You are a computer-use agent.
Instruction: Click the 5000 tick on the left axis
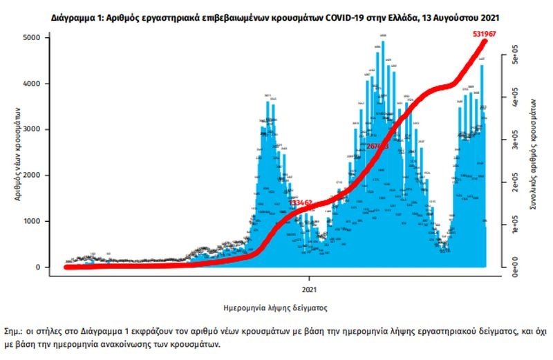coord(43,37)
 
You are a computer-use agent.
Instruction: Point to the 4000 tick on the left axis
coord(43,84)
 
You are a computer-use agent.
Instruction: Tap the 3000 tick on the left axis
coord(43,129)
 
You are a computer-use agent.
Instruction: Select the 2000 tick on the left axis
coord(43,176)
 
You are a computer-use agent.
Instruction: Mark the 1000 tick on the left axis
coord(43,221)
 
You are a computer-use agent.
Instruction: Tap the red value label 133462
coord(301,203)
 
